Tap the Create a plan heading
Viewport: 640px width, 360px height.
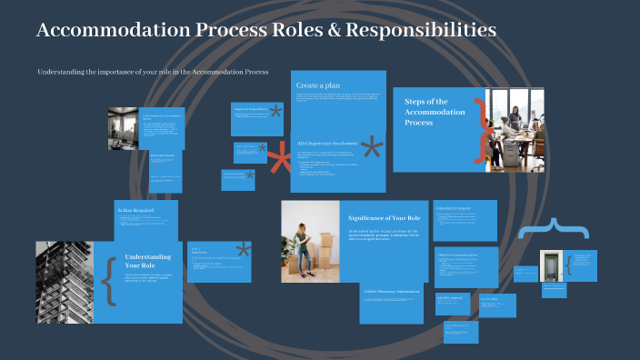coord(318,85)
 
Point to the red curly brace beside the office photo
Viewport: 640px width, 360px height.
coord(481,129)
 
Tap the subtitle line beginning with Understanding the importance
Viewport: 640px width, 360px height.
coord(153,71)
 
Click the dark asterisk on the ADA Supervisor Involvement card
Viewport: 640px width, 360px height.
coord(372,150)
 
